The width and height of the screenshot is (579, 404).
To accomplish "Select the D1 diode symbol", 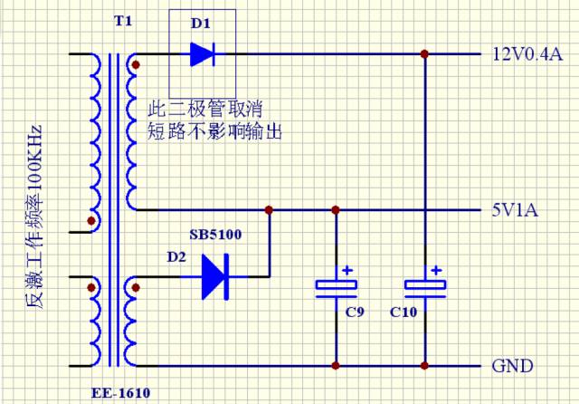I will [202, 54].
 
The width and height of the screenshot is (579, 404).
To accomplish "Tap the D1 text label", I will [200, 21].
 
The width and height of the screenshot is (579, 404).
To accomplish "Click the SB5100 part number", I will [214, 235].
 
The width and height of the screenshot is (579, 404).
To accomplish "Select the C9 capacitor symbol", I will [336, 286].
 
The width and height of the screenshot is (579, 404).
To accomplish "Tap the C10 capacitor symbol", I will [424, 286].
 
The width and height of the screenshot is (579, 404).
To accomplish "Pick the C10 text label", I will [403, 313].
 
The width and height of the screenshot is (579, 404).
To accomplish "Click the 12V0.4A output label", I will [527, 54].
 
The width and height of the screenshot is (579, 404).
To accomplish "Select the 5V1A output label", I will [518, 210].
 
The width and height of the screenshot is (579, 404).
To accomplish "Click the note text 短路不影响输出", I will [214, 131].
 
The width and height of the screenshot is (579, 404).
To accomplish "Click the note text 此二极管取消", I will [206, 108].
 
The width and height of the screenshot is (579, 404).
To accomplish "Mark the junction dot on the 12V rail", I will [424, 54].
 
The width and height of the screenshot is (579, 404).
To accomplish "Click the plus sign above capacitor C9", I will [346, 270].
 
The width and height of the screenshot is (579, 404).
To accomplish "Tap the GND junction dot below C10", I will [424, 366].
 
